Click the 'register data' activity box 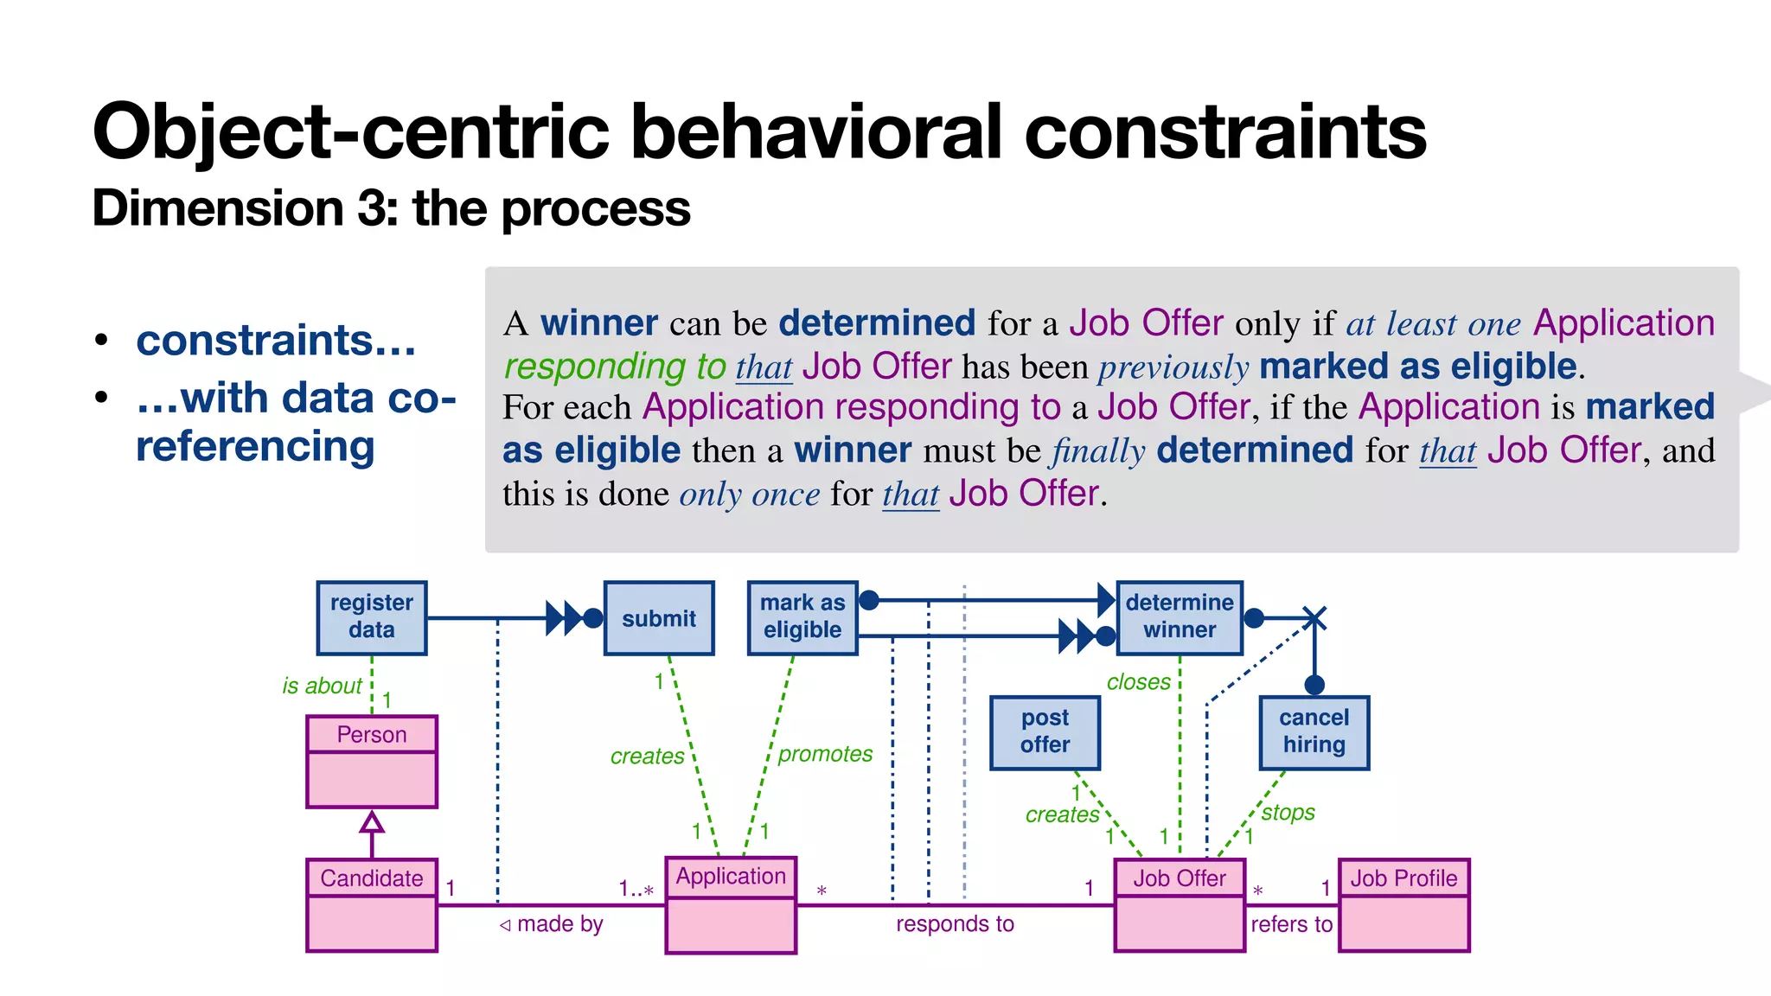(x=372, y=617)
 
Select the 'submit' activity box (x=659, y=618)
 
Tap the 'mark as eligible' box (x=802, y=617)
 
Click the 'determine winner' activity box (x=1180, y=617)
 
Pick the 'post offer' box (x=1045, y=732)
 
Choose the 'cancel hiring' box (x=1314, y=732)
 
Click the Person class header (x=372, y=734)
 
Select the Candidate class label (x=372, y=878)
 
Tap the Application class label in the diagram (x=731, y=877)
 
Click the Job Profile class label (x=1403, y=878)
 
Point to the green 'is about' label (x=322, y=686)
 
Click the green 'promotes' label (x=825, y=754)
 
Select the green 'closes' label (x=1138, y=682)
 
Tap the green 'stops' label (x=1288, y=813)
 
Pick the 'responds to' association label (x=955, y=924)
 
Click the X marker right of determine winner (x=1314, y=618)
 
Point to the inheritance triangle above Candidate (x=372, y=821)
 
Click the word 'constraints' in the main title (x=1225, y=132)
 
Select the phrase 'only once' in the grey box (x=749, y=495)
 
